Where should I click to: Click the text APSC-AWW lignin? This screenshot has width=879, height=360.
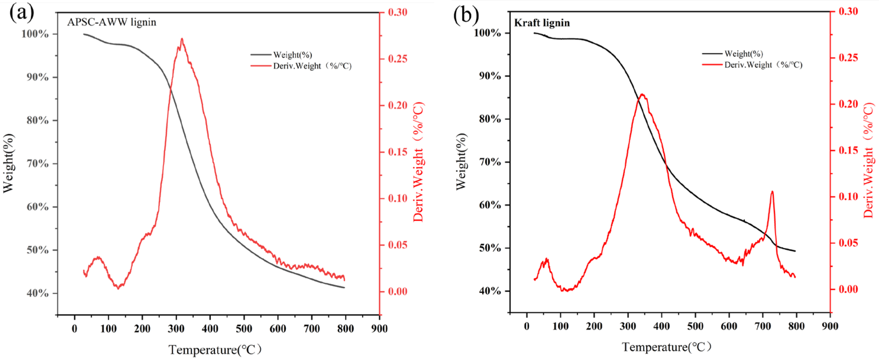111,22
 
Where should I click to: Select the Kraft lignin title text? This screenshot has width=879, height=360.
542,23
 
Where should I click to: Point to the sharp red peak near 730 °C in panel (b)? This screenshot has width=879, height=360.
772,192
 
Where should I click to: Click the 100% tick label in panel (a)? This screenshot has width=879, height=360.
35,34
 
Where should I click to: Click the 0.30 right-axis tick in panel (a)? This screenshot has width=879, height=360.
398,12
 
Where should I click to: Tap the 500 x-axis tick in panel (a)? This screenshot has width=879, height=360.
244,329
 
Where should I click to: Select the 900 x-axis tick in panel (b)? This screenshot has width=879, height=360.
830,326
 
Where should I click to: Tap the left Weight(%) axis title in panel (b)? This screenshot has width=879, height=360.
461,161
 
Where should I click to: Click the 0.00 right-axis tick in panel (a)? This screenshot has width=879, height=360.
398,291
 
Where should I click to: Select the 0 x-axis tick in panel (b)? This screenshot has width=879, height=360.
527,326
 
